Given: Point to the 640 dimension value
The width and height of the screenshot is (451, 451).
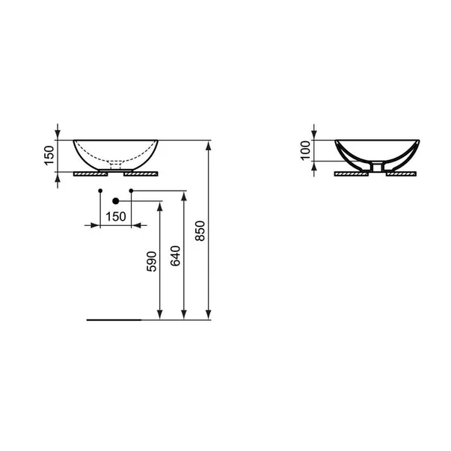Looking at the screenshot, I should (x=176, y=256).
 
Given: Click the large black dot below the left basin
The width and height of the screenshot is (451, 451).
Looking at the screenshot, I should (x=115, y=201).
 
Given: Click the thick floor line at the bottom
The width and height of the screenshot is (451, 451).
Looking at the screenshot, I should (x=113, y=319).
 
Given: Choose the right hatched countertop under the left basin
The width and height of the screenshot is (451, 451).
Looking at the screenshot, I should (x=141, y=172).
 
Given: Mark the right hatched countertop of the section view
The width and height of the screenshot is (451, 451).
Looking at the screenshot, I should (x=402, y=172).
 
